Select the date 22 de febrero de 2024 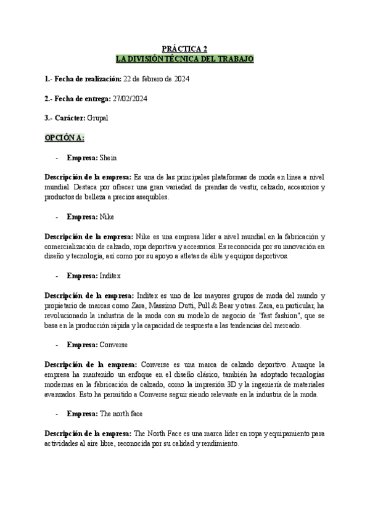point(156,79)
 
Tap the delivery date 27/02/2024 point(129,98)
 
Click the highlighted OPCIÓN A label point(64,136)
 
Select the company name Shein point(108,157)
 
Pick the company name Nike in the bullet point(107,216)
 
